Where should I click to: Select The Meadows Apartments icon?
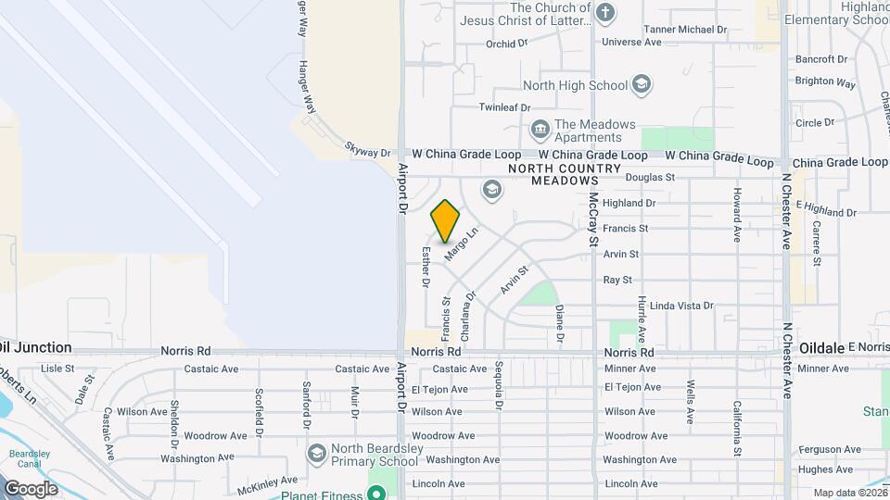pos(539,129)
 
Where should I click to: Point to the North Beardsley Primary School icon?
pos(317,453)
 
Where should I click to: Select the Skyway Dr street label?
pos(368,149)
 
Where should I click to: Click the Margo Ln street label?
pos(460,244)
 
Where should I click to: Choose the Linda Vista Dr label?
pos(681,306)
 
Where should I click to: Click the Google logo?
pos(32,488)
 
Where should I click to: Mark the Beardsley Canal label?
pos(21,460)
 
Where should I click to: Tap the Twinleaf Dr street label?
pos(502,107)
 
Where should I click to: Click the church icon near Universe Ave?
pos(605,13)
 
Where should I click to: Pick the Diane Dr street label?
pos(559,320)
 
